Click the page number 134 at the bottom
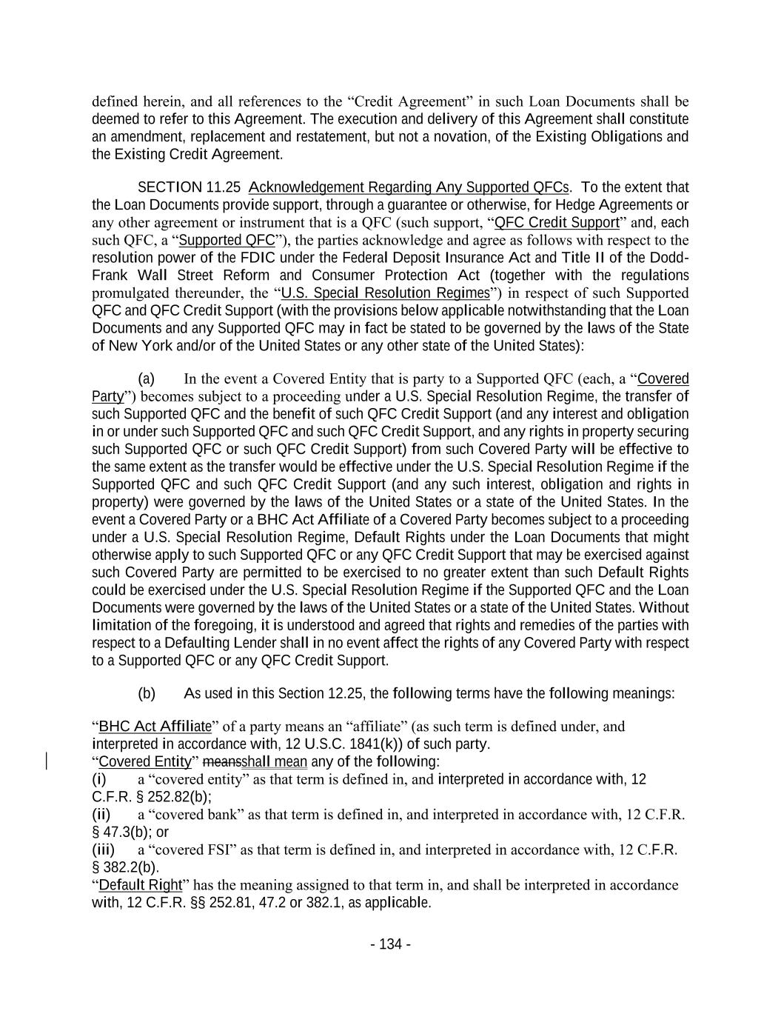coord(390,944)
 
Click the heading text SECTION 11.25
coord(189,187)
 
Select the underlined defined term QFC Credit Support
coord(556,222)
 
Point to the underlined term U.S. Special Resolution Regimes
coord(386,293)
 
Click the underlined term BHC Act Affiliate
coord(154,726)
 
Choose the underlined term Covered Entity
coord(145,761)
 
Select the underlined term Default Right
coord(140,885)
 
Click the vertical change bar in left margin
coord(48,761)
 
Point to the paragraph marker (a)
coord(146,378)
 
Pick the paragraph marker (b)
coord(147,693)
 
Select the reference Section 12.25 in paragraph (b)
coord(321,693)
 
